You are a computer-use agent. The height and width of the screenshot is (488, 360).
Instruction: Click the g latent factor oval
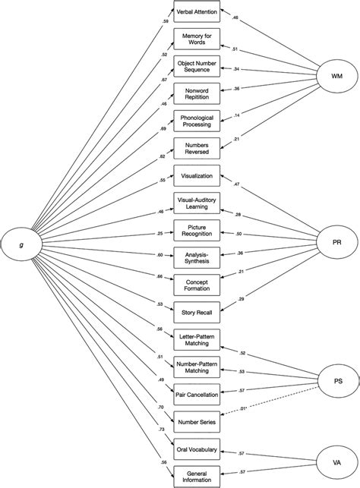(x=22, y=243)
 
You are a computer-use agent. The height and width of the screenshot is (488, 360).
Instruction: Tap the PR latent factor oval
(x=336, y=243)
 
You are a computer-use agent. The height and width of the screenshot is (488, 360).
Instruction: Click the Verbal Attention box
(x=197, y=13)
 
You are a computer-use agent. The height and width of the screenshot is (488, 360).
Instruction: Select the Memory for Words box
(x=197, y=40)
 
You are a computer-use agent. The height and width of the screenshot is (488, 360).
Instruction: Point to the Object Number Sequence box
(x=197, y=68)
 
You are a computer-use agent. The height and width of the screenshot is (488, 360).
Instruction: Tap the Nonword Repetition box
(x=197, y=95)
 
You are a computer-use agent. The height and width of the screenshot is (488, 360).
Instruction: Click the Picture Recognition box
(x=197, y=228)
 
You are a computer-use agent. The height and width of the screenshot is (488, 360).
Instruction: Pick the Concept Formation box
(x=197, y=283)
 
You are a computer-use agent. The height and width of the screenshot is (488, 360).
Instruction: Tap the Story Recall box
(x=197, y=309)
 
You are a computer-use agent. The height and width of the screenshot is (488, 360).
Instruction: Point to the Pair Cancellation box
(x=197, y=395)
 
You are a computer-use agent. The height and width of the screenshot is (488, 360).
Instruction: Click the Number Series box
(x=197, y=420)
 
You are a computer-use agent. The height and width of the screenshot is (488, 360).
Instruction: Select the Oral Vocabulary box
(x=197, y=449)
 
